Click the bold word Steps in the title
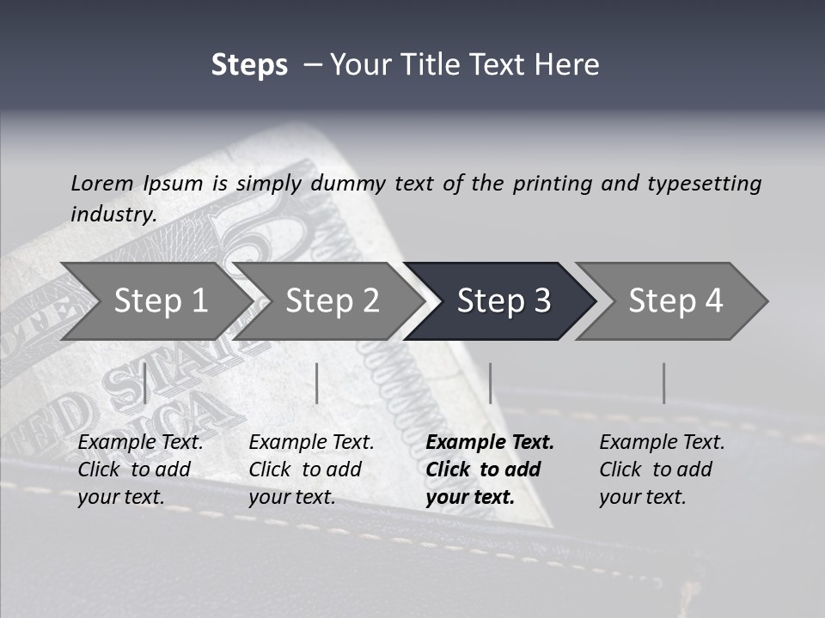coord(249,65)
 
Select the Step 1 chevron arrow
coord(155,301)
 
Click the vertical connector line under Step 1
coord(145,383)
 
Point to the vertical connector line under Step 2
coord(317,383)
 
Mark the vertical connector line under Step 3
coord(490,383)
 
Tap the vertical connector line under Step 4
coord(663,383)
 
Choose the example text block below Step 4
coord(662,470)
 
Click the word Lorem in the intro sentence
coord(102,184)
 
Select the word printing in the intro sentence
coord(553,184)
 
